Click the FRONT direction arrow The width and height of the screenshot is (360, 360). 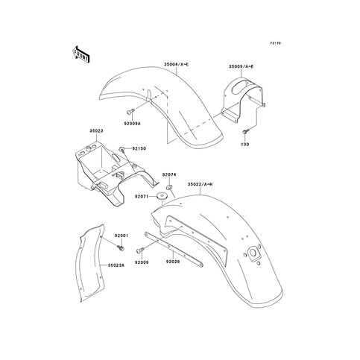pos(80,54)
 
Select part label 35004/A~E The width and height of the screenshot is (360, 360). pos(177,65)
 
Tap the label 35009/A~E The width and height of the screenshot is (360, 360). pos(241,66)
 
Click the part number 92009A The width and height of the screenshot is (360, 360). pos(132,123)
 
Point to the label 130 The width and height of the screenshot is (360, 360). pos(245,145)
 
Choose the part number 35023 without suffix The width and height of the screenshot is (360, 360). pos(96,130)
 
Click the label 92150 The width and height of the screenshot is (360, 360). pos(139,148)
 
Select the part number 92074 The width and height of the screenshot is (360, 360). pos(169,175)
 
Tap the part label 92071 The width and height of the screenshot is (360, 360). pos(142,197)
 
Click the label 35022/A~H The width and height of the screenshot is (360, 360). pos(200,184)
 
